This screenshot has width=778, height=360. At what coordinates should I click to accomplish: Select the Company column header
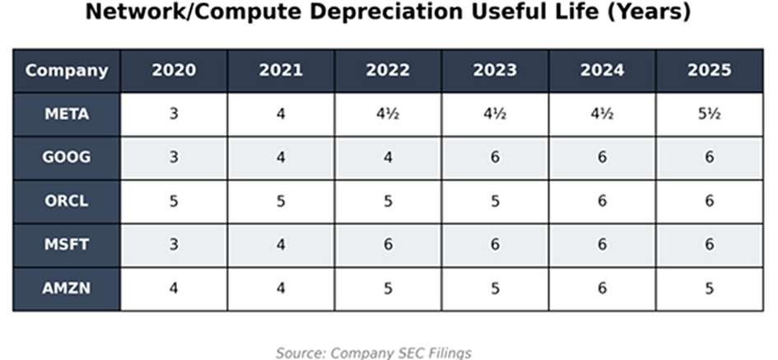[67, 71]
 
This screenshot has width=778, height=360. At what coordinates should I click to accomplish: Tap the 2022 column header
[388, 71]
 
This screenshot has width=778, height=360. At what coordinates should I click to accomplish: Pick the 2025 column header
[709, 71]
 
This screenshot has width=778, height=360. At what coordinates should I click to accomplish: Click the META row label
[67, 115]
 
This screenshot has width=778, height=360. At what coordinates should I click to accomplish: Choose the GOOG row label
[67, 157]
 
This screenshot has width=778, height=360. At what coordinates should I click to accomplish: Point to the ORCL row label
[67, 201]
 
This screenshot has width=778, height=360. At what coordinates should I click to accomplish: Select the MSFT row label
[67, 245]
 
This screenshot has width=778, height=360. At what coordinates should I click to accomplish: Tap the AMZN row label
[67, 288]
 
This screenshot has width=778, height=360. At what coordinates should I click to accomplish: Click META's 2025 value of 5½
[709, 115]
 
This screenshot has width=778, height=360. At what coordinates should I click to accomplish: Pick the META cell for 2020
[174, 115]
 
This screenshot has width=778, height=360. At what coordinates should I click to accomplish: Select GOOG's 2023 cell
[495, 157]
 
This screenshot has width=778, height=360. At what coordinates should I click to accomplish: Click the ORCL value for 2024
[602, 201]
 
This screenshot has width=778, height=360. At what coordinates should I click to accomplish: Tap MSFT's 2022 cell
[388, 245]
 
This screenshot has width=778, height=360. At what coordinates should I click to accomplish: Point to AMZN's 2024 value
[602, 288]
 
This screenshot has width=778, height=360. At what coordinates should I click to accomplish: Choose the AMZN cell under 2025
[709, 288]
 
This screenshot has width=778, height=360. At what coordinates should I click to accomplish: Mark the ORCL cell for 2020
[174, 201]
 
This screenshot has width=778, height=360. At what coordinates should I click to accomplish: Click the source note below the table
[374, 353]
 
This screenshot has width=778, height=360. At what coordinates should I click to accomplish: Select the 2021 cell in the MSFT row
[281, 245]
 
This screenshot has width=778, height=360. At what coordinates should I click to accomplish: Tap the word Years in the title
[649, 12]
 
